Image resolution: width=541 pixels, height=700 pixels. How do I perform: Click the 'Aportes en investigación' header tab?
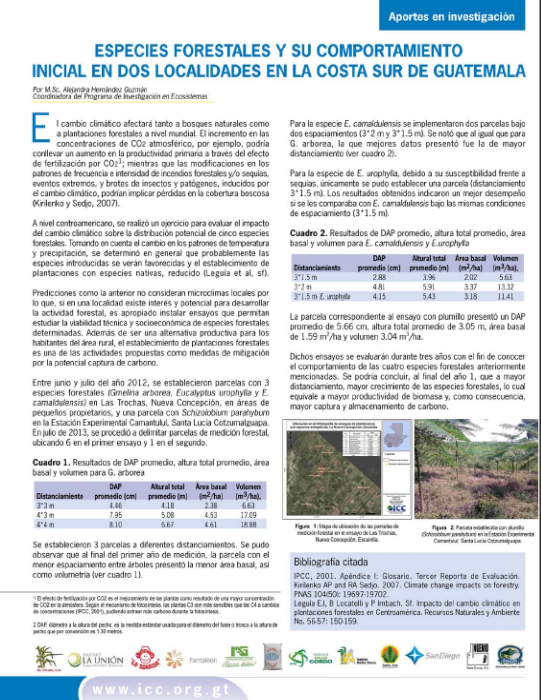tap(451, 17)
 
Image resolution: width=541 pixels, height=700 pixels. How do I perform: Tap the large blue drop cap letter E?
tap(41, 128)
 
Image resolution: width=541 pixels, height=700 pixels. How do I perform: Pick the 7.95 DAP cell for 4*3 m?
tap(115, 515)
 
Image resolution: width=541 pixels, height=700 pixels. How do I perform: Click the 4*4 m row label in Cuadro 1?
tap(46, 524)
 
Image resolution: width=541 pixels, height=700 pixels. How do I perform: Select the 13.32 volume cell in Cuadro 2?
tap(505, 287)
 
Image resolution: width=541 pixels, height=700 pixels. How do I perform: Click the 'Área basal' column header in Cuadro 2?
tap(470, 258)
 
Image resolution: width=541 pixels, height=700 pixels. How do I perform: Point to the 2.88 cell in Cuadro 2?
tap(379, 277)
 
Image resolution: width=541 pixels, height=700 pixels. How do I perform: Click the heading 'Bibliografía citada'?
tap(331, 562)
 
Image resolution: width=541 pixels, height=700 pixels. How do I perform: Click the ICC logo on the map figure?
tap(397, 508)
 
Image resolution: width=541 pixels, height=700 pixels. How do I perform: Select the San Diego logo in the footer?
tap(433, 655)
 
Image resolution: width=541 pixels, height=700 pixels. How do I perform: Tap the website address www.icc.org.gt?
tap(161, 689)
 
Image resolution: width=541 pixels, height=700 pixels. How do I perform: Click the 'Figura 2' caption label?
tap(438, 527)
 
